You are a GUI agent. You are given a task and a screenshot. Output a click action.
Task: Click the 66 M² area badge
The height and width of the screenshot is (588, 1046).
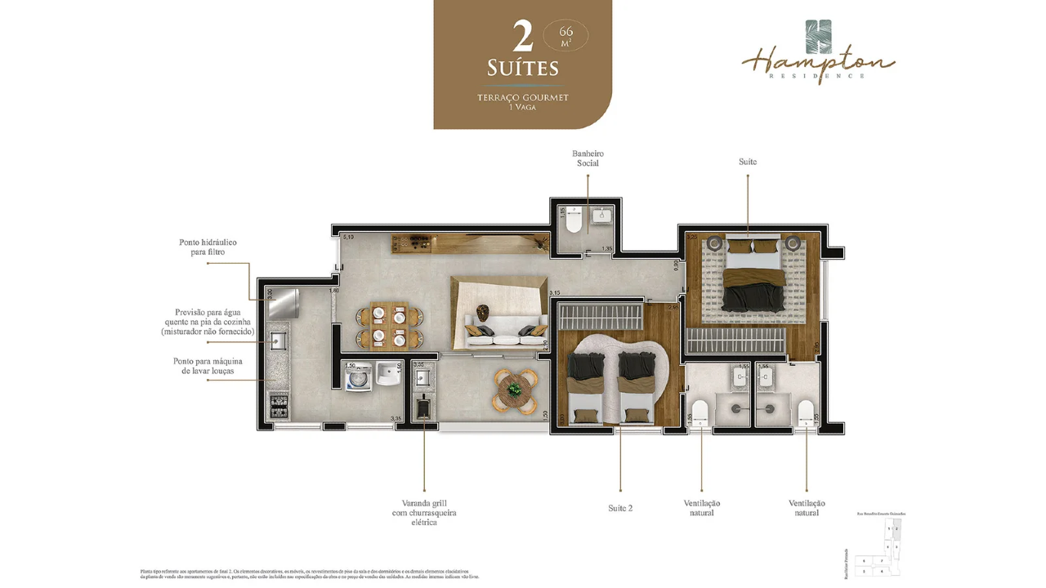565,35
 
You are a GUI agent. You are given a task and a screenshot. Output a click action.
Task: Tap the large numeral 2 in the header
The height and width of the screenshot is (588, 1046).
523,36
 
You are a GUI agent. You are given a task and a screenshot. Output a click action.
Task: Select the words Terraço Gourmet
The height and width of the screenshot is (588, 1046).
523,97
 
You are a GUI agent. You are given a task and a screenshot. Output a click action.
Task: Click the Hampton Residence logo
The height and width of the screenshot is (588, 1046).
818,51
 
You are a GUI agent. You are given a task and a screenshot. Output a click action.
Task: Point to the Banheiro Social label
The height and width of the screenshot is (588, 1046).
588,158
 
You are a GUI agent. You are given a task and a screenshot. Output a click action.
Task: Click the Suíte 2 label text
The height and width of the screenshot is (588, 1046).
620,508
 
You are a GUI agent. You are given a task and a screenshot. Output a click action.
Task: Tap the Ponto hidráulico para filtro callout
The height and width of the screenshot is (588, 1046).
208,247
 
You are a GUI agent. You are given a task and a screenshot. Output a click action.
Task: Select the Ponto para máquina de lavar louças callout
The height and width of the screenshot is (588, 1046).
208,366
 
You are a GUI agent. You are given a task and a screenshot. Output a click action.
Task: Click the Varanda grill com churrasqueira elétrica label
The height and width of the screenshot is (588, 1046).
424,513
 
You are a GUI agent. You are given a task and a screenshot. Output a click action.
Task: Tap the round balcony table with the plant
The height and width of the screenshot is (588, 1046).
514,390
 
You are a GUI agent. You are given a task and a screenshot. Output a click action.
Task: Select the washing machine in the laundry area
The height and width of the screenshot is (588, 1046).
359,378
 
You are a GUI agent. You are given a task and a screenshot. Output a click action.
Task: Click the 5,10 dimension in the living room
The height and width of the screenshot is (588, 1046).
347,238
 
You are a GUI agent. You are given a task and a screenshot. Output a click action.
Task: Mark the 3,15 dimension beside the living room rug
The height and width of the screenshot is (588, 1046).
555,292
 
